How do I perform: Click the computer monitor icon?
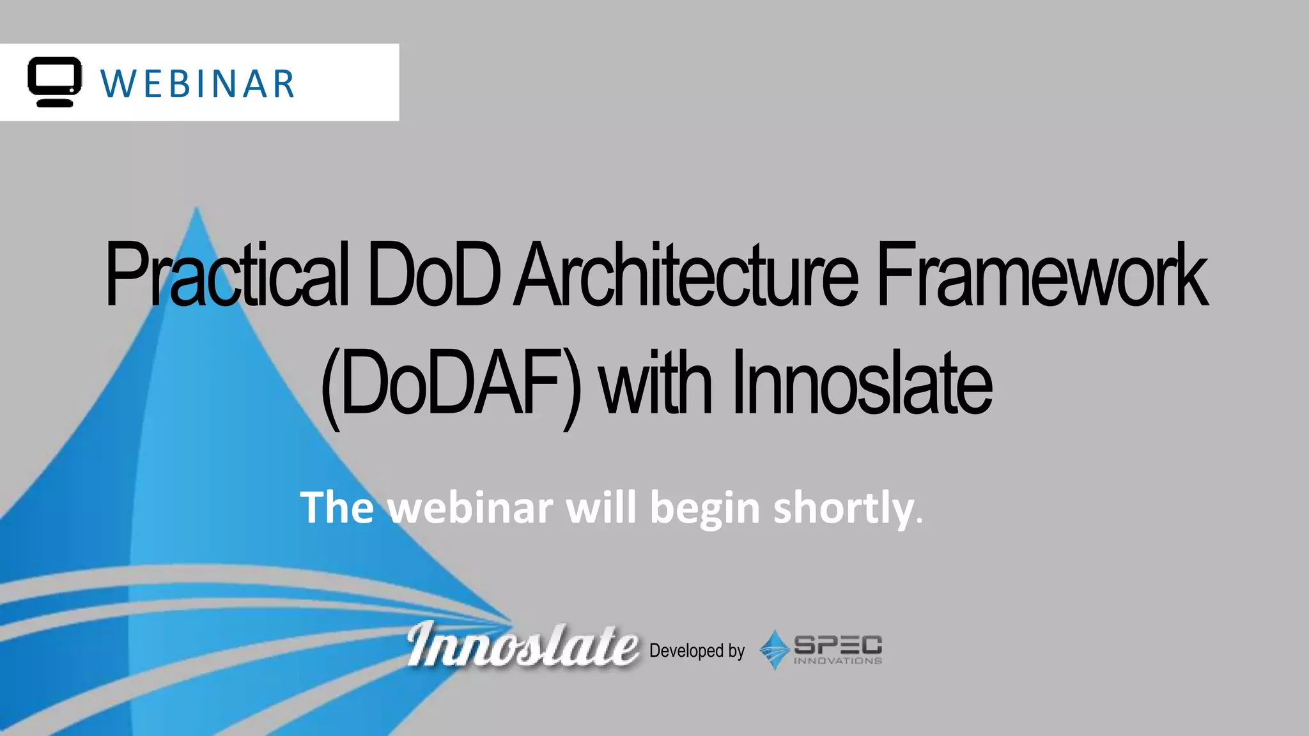(x=55, y=81)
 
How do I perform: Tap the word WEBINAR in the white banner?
(x=198, y=84)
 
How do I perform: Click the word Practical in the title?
(x=227, y=275)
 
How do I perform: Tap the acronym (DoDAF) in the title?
(x=451, y=383)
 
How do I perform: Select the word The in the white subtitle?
(x=337, y=508)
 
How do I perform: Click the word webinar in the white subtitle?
(x=471, y=508)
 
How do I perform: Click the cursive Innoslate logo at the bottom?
(x=522, y=645)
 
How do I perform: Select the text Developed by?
(x=697, y=650)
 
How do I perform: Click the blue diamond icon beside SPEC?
(x=775, y=650)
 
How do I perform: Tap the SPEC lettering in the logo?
(x=837, y=645)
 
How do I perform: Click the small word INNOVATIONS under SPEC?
(x=837, y=661)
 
